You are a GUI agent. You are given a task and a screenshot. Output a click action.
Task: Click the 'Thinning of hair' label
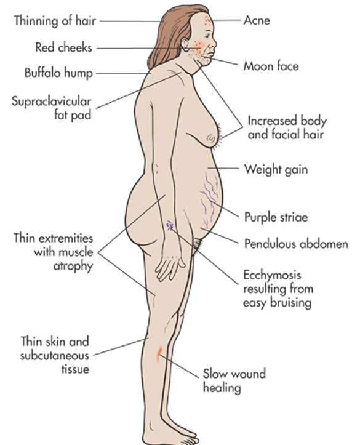[x=55, y=21]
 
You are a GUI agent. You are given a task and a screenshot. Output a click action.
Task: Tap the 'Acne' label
[x=257, y=20]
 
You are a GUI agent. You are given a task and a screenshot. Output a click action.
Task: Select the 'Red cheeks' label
[x=63, y=47]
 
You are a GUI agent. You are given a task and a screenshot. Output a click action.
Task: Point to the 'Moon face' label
[x=271, y=66]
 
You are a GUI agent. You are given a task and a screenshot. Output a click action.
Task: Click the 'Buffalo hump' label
[x=58, y=73]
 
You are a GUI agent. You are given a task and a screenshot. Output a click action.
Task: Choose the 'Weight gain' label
[x=276, y=170]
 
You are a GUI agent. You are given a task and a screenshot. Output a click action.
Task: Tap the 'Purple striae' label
[x=276, y=218]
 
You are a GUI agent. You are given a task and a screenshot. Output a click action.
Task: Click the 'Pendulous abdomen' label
[x=296, y=244]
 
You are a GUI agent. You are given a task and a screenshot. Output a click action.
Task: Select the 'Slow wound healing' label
[x=234, y=381]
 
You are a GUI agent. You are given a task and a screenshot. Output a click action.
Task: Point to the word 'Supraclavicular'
[x=51, y=102]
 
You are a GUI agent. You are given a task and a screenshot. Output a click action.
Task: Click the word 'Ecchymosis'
[x=272, y=275]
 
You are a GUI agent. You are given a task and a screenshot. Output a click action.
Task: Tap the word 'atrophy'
[x=73, y=267]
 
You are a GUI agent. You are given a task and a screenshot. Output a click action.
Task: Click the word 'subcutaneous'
[x=55, y=356]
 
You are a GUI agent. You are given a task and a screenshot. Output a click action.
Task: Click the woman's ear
[x=185, y=45]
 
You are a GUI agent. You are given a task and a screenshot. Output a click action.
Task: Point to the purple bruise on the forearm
[x=170, y=226]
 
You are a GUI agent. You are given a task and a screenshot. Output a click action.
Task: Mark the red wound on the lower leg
[x=159, y=353]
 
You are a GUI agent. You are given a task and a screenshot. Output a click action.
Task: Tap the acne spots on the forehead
[x=208, y=20]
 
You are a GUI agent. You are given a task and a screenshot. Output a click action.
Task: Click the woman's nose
[x=214, y=42]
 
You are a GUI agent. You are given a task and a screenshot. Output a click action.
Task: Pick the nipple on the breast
[x=211, y=138]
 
